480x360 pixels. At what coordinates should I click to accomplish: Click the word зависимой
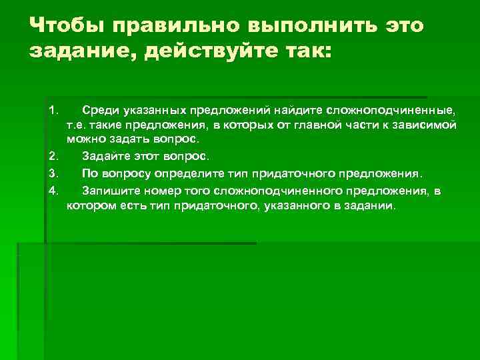click(424, 125)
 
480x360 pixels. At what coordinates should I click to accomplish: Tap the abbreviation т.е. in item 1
click(77, 125)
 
